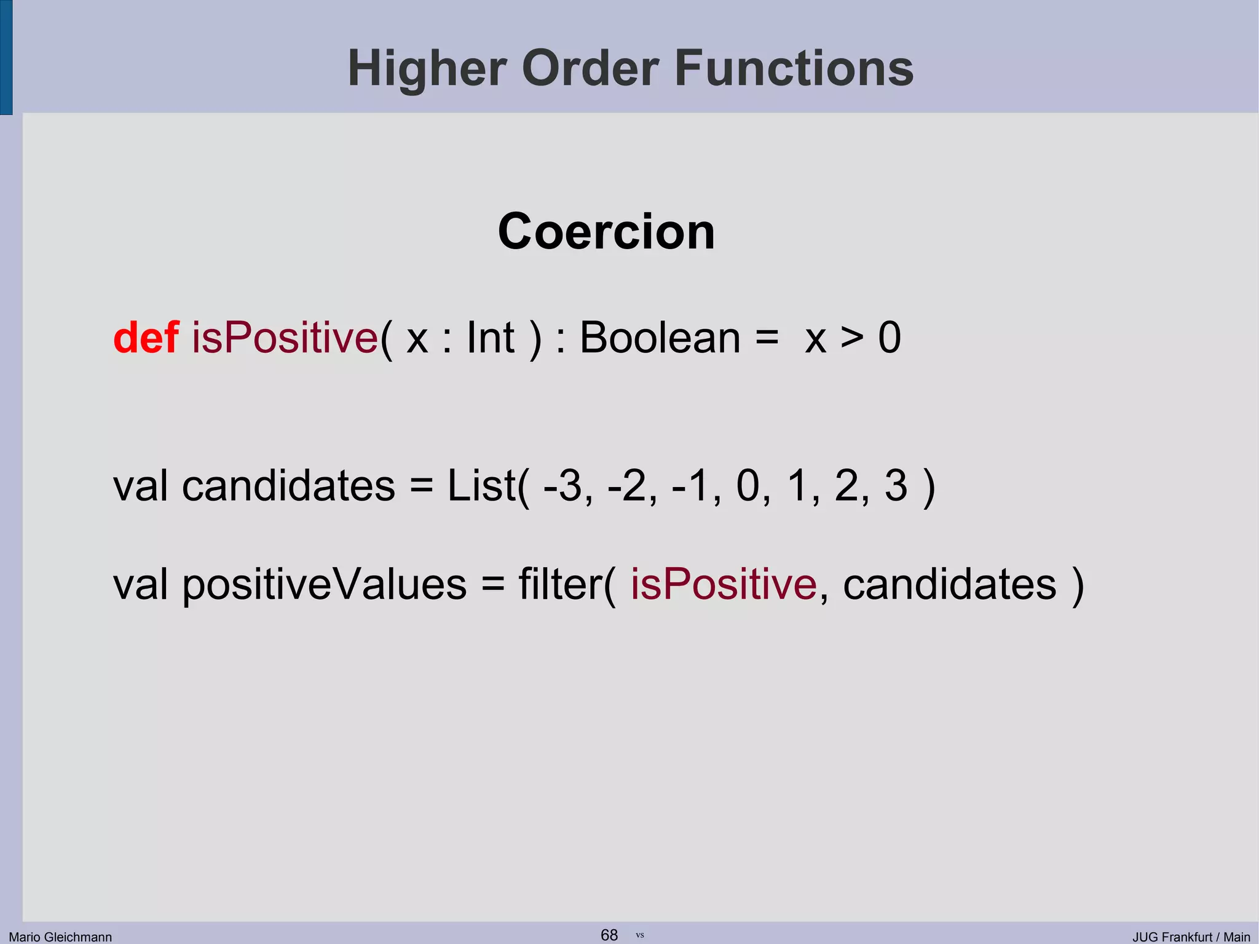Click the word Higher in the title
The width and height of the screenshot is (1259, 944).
coord(426,69)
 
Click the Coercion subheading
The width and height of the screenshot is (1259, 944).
coord(606,232)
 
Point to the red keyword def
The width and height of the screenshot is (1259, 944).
coord(146,338)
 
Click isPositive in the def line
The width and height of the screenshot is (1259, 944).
coord(285,338)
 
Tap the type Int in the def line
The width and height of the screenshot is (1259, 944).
coord(490,338)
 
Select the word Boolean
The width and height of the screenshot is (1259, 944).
coord(660,338)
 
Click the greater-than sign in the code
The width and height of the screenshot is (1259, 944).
coord(851,338)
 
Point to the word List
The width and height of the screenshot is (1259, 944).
coord(481,486)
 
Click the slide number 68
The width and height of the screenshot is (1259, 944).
coord(609,935)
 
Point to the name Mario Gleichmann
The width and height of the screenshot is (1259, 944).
coord(60,937)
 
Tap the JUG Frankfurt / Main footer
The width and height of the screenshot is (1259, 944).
coord(1191,937)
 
